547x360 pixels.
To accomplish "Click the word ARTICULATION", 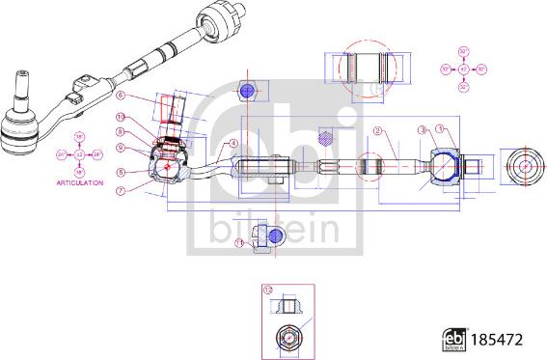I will (80, 181).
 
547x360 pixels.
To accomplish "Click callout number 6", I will (122, 96).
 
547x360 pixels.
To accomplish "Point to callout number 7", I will (122, 190).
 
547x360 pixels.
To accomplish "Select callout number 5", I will (122, 173).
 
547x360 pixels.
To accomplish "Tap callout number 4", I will (232, 143).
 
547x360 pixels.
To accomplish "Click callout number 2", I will (379, 130).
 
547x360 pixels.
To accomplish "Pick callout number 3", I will (422, 129).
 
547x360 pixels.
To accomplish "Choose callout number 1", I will (441, 129).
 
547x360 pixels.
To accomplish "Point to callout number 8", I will (122, 131).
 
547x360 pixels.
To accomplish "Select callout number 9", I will (122, 148).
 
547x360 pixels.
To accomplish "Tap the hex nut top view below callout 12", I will (287, 338).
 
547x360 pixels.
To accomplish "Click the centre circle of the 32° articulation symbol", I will (463, 69).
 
